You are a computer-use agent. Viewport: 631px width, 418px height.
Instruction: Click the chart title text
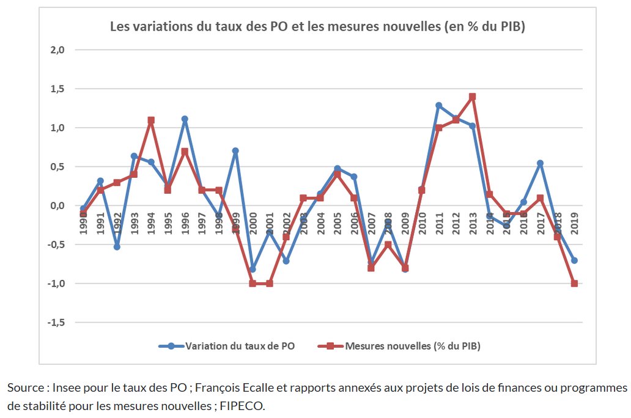317,27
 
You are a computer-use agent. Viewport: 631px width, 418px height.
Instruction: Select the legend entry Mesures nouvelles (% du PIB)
413,346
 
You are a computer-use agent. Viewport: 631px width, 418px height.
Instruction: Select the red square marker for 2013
472,97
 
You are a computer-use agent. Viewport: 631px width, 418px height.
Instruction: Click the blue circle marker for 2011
438,105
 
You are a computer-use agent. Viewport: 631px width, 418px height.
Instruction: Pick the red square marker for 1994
150,120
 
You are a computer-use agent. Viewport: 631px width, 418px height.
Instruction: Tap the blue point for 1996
185,119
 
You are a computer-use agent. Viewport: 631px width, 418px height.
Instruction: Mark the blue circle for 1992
117,247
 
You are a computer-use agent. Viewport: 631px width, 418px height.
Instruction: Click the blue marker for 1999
235,150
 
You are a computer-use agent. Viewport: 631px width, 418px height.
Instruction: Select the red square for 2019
574,284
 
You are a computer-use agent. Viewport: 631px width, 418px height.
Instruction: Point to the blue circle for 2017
540,163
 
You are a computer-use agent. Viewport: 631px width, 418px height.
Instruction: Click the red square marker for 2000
253,284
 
